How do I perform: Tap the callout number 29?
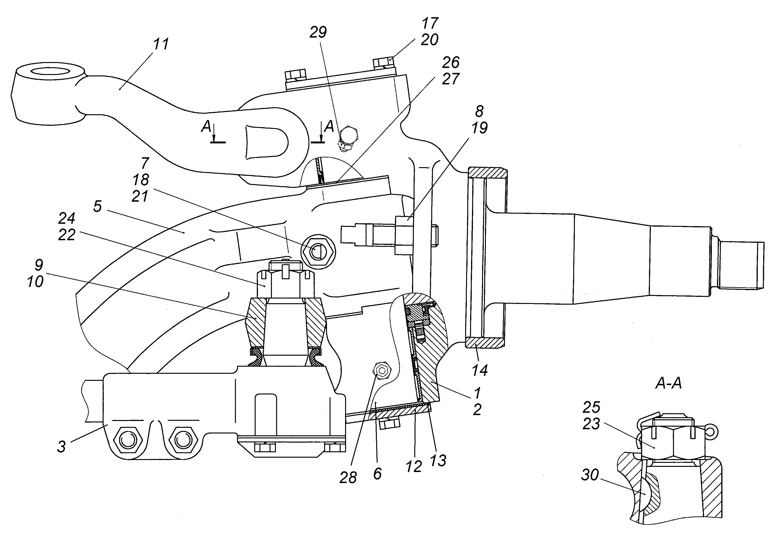(x=318, y=33)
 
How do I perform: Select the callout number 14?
(x=480, y=370)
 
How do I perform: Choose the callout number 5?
(x=97, y=207)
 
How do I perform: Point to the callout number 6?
(x=377, y=474)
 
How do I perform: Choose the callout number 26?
(x=451, y=63)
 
